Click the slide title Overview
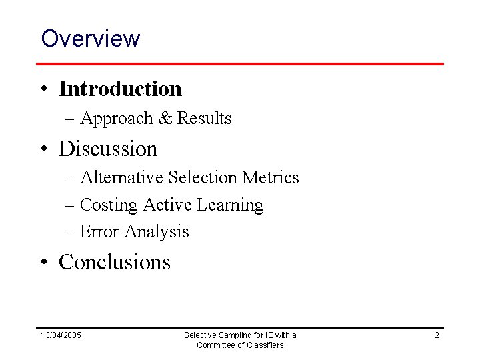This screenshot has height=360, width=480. click(91, 38)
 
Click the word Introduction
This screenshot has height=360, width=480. click(120, 88)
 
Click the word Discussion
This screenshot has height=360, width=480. click(108, 148)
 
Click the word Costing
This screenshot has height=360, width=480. click(108, 205)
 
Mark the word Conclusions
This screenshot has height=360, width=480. click(115, 262)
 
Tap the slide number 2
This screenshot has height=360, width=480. click(437, 335)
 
